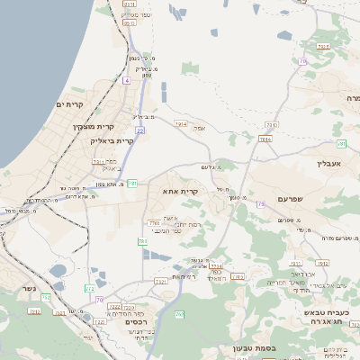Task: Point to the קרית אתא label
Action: (181, 192)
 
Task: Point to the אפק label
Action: (200, 129)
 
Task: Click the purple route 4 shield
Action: (127, 81)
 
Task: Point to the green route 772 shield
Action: (89, 289)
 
